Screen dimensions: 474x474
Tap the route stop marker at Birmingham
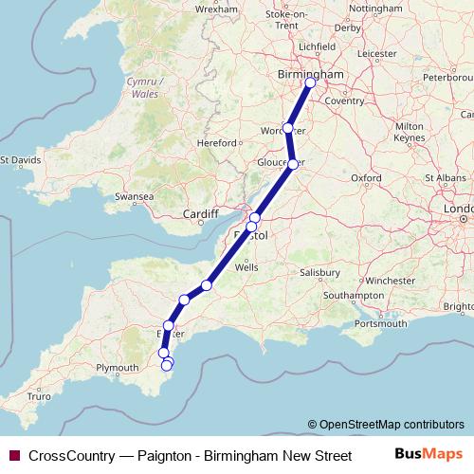[310, 82]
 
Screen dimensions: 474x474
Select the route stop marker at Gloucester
[293, 164]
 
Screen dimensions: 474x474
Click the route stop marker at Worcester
[288, 128]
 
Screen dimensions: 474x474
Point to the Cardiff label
[202, 212]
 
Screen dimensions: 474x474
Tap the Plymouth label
[118, 367]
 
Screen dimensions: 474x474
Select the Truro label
[39, 397]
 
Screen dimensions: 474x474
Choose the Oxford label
[366, 177]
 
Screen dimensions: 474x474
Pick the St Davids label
[21, 160]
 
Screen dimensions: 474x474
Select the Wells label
[246, 268]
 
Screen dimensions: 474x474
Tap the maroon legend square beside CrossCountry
[12, 456]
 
